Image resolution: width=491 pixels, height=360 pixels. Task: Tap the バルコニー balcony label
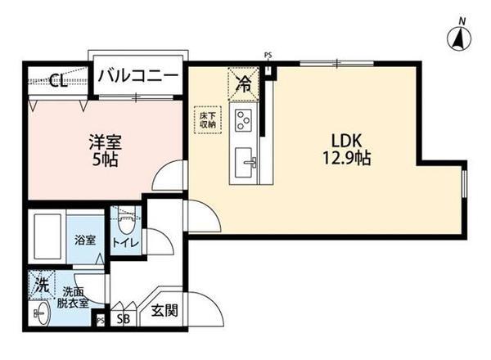coord(138,77)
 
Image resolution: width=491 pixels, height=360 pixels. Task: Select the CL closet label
coord(56,80)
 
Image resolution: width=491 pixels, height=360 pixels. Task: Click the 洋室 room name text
coord(106,142)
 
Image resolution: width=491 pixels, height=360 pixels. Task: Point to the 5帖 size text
coord(106,160)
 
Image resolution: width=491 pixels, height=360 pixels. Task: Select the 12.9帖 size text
coord(347,158)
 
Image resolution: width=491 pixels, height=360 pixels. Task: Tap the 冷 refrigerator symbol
coord(244,81)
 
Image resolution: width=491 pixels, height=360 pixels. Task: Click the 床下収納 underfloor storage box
coord(207,121)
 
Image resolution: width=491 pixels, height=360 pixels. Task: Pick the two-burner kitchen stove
coord(244,120)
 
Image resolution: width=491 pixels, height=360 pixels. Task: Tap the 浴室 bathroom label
coord(85,241)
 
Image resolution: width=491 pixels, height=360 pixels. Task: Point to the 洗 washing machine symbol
coord(41,286)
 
